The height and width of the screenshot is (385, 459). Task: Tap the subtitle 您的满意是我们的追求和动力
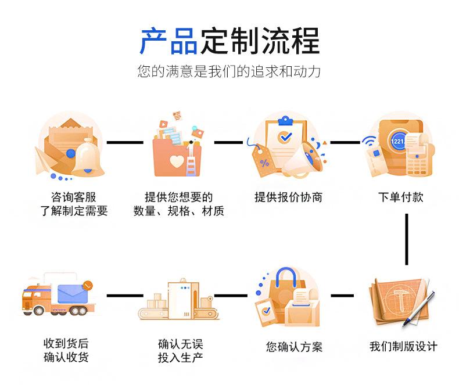tap(229, 72)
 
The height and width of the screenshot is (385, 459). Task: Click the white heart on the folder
tap(177, 161)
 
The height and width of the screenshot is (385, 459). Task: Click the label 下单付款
tap(400, 197)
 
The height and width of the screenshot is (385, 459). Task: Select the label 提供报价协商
tap(288, 197)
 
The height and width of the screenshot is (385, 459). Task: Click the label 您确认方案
tap(294, 347)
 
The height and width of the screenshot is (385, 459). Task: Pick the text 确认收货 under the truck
tap(66, 358)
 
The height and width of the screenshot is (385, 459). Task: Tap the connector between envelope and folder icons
tap(124, 142)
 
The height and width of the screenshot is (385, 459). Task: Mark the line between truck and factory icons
tap(124, 296)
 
